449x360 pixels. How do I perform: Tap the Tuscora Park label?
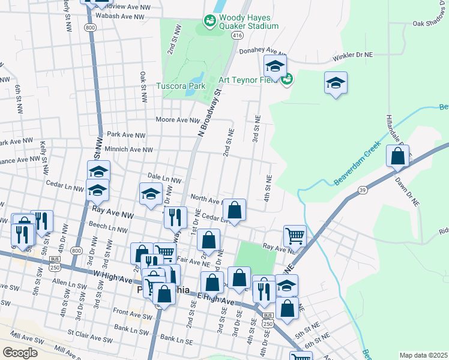[181, 86]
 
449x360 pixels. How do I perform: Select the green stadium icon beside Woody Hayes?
[210, 22]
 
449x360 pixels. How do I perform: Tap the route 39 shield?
[362, 190]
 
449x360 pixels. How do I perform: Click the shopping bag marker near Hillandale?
[398, 157]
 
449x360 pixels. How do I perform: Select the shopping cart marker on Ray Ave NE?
[295, 235]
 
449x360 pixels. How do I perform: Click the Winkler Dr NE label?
[354, 55]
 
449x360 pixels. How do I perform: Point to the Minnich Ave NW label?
[129, 150]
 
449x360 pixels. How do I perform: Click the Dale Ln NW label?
[164, 179]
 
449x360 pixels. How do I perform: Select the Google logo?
[20, 353]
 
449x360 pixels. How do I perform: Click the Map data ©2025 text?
[423, 355]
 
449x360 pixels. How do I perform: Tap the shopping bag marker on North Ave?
[234, 210]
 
